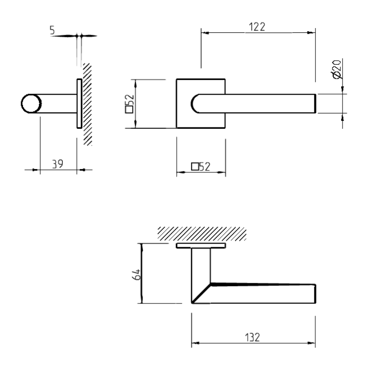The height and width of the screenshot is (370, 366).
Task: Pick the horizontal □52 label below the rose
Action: pyautogui.click(x=201, y=166)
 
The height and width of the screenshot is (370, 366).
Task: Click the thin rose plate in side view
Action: pyautogui.click(x=79, y=104)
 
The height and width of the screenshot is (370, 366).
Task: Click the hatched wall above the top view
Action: pyautogui.click(x=202, y=233)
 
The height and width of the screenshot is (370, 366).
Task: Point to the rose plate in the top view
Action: pyautogui.click(x=201, y=245)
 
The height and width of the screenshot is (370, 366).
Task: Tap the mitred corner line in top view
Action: pyautogui.click(x=201, y=293)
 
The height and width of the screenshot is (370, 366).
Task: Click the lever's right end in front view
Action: pyautogui.click(x=317, y=104)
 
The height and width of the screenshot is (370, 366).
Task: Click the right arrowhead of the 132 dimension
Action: pyautogui.click(x=312, y=344)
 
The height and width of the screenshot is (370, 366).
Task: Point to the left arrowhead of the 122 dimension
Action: pyautogui.click(x=205, y=33)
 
